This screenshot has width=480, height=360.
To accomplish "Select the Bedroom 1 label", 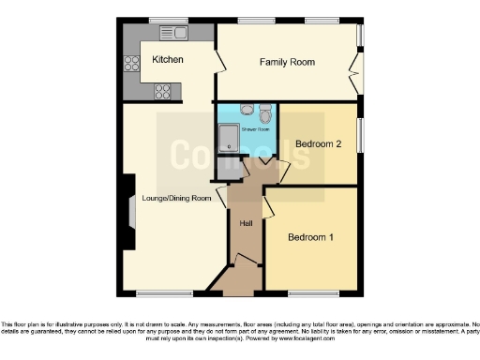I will (310, 237).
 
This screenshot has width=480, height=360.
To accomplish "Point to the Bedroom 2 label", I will (317, 144).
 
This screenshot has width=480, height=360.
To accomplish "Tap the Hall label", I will (246, 223).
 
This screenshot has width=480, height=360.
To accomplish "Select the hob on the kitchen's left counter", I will (131, 64).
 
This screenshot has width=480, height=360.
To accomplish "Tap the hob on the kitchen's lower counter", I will (163, 92).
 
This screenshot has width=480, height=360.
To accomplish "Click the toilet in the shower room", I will (265, 114).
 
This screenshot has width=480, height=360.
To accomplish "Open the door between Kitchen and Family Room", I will (220, 62).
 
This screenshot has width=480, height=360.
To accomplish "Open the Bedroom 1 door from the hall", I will (267, 207).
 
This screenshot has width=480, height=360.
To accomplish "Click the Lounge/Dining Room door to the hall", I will (223, 198).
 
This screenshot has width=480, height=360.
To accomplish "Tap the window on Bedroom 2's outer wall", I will (360, 132).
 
